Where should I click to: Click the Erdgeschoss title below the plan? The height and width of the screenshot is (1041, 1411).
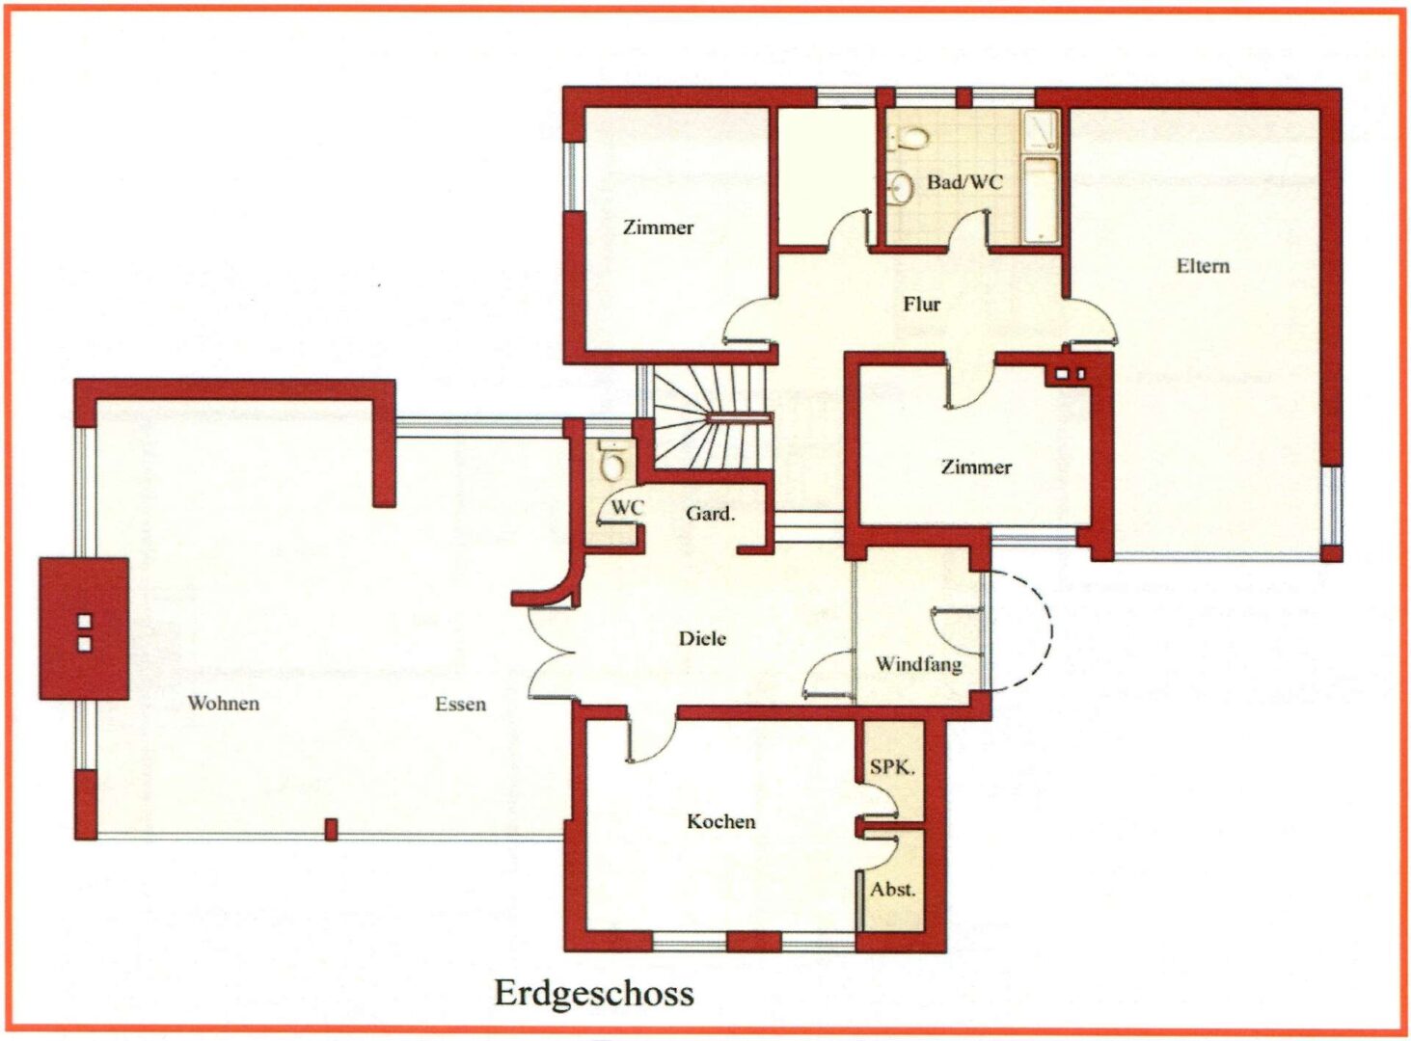(594, 994)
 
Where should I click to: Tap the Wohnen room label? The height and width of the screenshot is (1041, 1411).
(224, 704)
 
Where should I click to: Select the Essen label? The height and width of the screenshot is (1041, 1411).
(461, 704)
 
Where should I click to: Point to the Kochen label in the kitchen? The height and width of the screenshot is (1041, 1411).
(721, 821)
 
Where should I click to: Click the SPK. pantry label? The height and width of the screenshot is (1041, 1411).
(892, 767)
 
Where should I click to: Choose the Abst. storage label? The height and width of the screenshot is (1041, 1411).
(893, 889)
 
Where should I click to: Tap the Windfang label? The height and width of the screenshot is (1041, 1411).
(918, 664)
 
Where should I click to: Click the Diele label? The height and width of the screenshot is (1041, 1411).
(702, 638)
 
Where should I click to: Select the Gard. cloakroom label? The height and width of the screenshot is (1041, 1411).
(710, 513)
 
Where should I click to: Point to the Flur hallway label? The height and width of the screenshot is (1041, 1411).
(922, 304)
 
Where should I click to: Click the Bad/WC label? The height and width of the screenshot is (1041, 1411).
(964, 182)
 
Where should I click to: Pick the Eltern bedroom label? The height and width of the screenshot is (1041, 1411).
(1203, 265)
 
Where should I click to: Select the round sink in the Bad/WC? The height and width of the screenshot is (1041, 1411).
(900, 187)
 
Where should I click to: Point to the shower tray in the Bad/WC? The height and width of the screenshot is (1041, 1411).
(1041, 131)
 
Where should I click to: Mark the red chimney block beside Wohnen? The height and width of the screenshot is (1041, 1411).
(84, 628)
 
